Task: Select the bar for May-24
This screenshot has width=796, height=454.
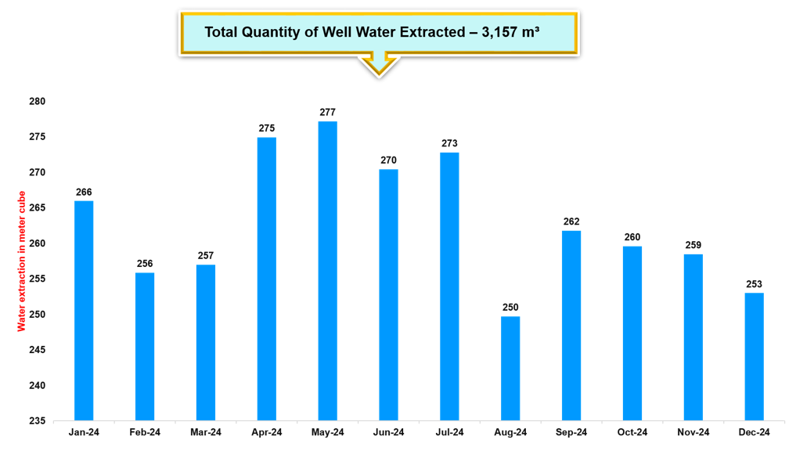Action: [328, 271]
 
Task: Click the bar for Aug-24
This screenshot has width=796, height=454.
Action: [510, 368]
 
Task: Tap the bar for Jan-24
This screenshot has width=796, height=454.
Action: [84, 311]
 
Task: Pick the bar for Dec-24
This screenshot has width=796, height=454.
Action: [754, 356]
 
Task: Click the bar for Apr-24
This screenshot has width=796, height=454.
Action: [267, 279]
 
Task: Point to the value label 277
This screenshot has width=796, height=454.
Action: [328, 113]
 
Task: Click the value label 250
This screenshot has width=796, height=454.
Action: [510, 308]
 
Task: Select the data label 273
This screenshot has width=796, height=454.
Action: [449, 144]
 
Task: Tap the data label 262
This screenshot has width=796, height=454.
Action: [571, 222]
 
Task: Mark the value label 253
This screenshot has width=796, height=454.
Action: [754, 284]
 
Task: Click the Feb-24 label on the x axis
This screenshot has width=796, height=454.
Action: [145, 433]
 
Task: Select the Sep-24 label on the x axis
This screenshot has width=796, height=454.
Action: [571, 433]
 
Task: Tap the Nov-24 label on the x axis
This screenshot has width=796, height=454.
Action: [693, 433]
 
